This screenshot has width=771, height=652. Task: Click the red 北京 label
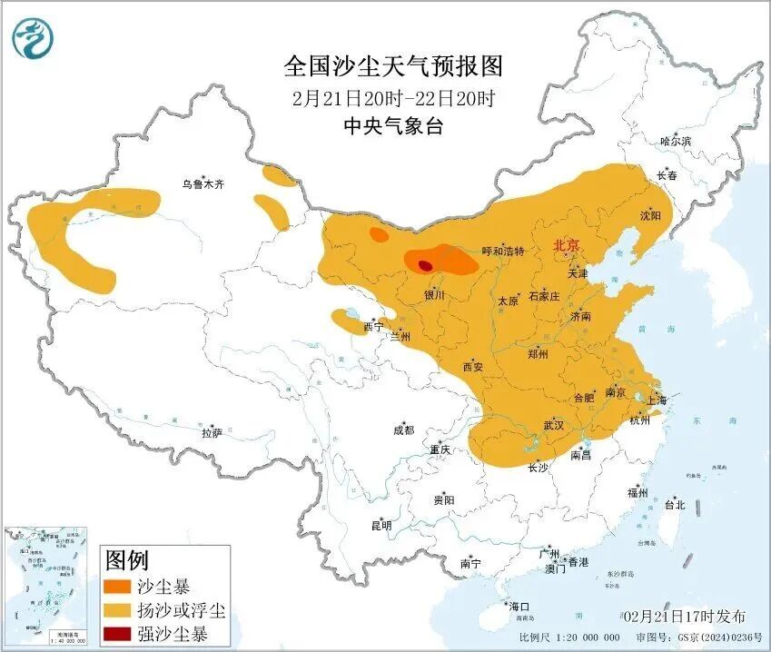point(568,245)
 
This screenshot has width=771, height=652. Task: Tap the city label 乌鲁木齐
point(202,184)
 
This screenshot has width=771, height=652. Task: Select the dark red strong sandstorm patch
point(424,265)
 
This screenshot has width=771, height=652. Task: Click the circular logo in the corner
point(33,37)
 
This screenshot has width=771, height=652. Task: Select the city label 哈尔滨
point(675,141)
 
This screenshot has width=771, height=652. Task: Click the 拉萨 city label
point(211,434)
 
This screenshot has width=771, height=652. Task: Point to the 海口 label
point(519,606)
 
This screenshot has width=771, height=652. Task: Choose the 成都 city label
point(403,430)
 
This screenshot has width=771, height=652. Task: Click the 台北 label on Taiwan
point(674,504)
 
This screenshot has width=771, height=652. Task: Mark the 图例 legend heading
point(126,558)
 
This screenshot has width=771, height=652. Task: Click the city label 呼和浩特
point(503,252)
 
